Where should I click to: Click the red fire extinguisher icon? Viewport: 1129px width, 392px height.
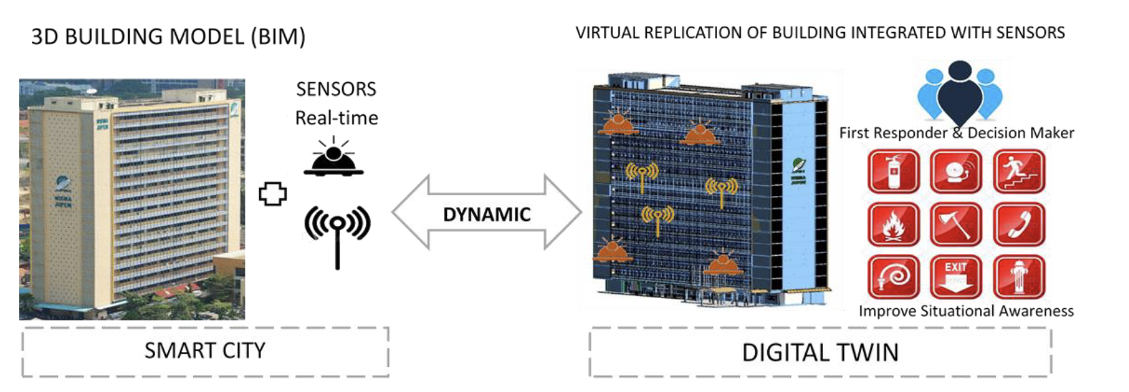click(893, 172)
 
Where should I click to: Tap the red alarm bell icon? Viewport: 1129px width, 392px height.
click(956, 172)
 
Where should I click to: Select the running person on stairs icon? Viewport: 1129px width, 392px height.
click(1018, 172)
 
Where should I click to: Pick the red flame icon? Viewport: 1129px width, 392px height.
click(893, 224)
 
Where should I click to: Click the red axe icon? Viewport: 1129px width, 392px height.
click(956, 224)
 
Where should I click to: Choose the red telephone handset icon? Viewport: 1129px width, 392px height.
click(1018, 224)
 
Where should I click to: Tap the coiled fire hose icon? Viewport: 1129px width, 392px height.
click(893, 276)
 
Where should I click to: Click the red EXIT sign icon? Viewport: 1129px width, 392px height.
click(956, 276)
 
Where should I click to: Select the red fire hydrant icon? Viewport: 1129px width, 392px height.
click(1018, 276)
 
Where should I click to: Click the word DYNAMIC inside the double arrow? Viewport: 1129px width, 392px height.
click(486, 214)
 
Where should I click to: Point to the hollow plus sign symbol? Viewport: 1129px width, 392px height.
click(273, 194)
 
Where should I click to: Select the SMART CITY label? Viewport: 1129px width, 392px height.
click(205, 350)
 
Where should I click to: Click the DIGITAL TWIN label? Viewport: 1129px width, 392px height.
click(820, 353)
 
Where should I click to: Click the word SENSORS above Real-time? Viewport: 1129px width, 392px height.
click(336, 89)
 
